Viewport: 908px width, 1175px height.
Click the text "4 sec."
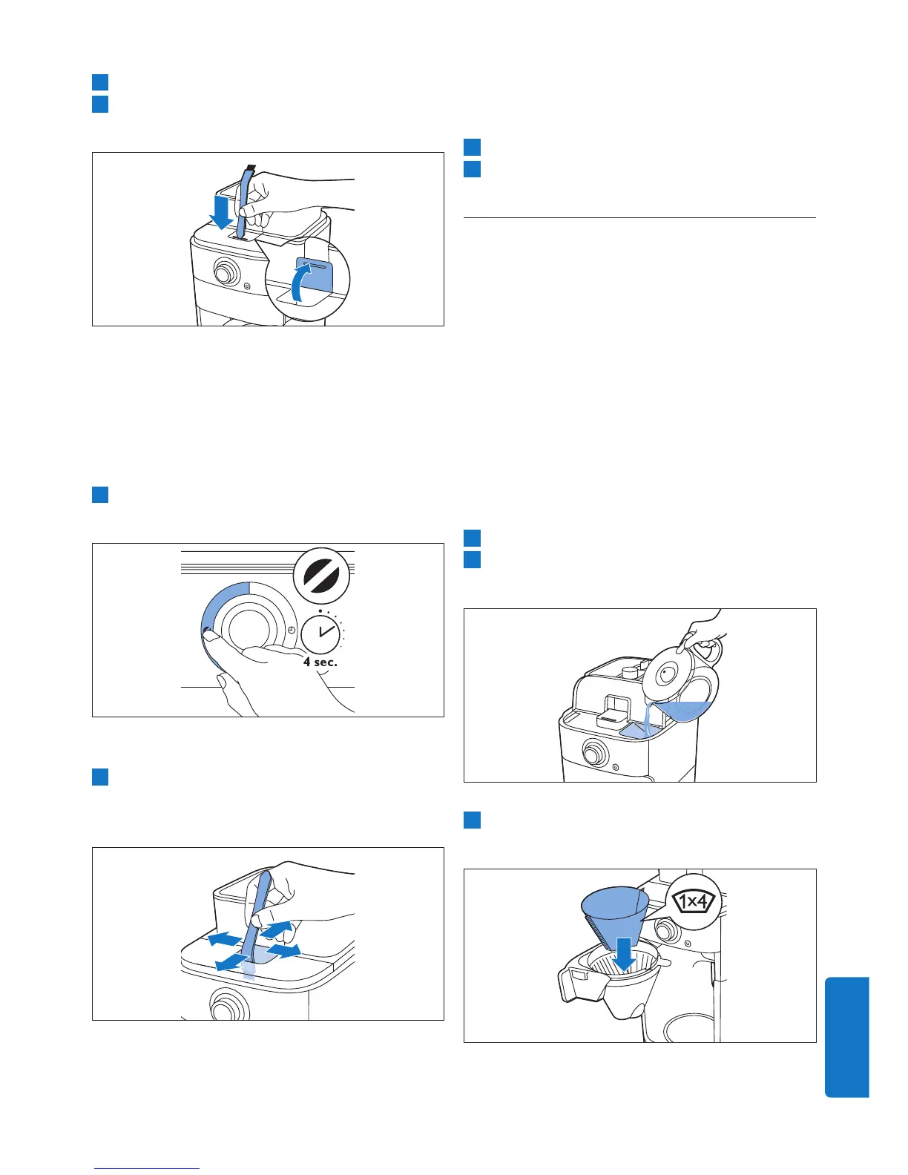(320, 662)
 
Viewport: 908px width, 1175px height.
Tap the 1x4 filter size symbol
(693, 901)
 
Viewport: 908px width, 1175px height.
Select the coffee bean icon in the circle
(321, 576)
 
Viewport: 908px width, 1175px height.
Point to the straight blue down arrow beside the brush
(220, 212)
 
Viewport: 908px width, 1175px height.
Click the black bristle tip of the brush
(250, 168)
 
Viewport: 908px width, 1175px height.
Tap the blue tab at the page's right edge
(847, 1037)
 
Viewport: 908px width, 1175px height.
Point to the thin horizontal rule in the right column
(639, 218)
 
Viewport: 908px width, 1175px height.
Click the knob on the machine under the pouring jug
(593, 752)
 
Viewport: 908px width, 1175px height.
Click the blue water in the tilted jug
(685, 711)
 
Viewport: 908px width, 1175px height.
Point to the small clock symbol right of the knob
(292, 630)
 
